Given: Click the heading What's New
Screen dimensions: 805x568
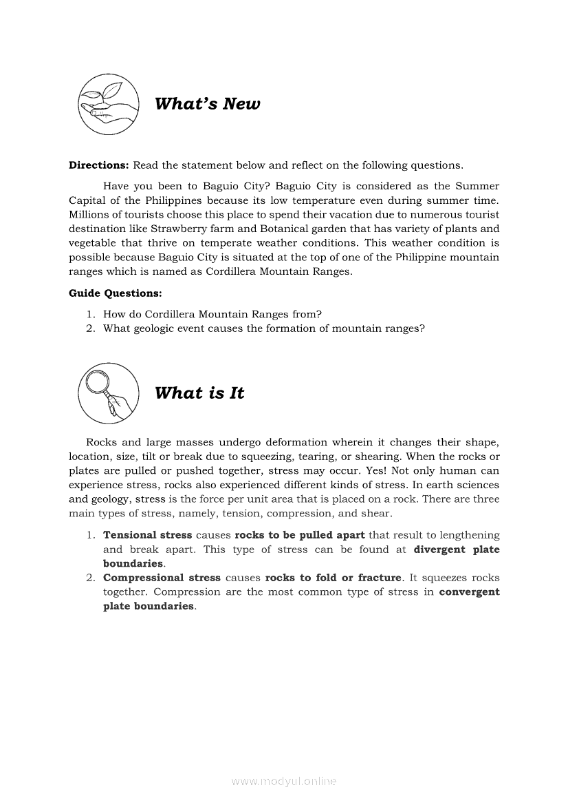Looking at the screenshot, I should (208, 104).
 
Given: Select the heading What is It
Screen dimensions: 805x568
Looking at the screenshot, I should (199, 393).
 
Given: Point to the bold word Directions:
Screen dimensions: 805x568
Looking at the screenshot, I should (99, 165).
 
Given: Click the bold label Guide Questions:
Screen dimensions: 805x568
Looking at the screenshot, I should (116, 293).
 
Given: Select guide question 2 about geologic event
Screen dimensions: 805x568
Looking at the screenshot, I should (263, 328).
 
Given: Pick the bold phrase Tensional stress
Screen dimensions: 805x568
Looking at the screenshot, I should (148, 535).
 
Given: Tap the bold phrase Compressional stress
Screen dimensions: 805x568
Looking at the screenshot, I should (162, 578).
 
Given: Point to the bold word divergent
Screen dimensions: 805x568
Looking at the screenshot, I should (440, 550).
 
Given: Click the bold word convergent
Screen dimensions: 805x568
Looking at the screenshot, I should (470, 592).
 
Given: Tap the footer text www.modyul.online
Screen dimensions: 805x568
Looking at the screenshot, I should (284, 782).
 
